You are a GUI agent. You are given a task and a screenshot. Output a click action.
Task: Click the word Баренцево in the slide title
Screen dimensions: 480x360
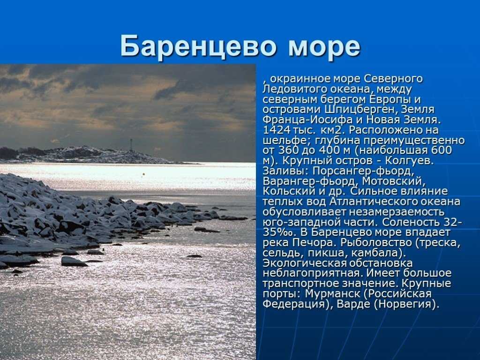tap(198, 46)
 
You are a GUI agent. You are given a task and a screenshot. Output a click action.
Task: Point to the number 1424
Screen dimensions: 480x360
tap(277, 130)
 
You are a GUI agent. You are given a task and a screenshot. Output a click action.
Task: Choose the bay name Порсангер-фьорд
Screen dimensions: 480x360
tap(363, 171)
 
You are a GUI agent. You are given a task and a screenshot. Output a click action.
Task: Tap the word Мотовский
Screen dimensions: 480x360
tap(393, 181)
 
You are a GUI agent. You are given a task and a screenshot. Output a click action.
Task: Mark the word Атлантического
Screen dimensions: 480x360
tap(372, 202)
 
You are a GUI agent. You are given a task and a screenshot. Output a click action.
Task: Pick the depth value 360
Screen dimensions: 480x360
tap(288, 150)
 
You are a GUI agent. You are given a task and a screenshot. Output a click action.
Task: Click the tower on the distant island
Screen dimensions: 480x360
tap(131, 145)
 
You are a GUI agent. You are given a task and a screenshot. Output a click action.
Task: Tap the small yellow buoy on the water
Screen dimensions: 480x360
tap(143, 174)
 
